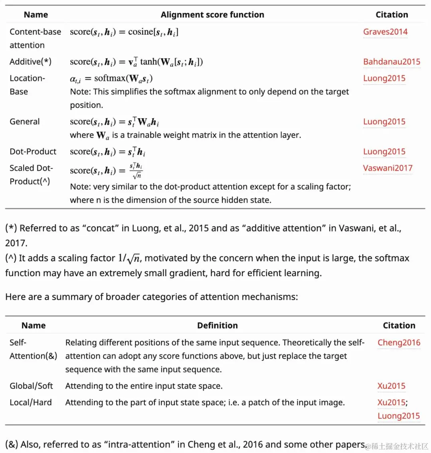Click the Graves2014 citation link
pyautogui.click(x=385, y=32)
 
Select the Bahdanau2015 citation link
pyautogui.click(x=391, y=62)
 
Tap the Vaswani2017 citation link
pyautogui.click(x=388, y=168)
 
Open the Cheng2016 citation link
pyautogui.click(x=399, y=342)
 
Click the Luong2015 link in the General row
pyautogui.click(x=384, y=122)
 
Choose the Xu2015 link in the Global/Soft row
pyautogui.click(x=391, y=386)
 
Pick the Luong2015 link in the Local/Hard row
pyautogui.click(x=398, y=416)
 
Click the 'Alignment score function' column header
pyautogui.click(x=212, y=15)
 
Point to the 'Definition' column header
pyautogui.click(x=217, y=326)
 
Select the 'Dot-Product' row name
pyautogui.click(x=33, y=152)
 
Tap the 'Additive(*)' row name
pyautogui.click(x=30, y=62)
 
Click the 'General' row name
pyautogui.click(x=25, y=122)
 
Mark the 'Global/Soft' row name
pyautogui.click(x=31, y=386)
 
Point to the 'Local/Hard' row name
pyautogui.click(x=31, y=402)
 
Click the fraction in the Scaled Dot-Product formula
pyautogui.click(x=136, y=170)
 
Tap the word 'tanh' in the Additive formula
pyautogui.click(x=148, y=62)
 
